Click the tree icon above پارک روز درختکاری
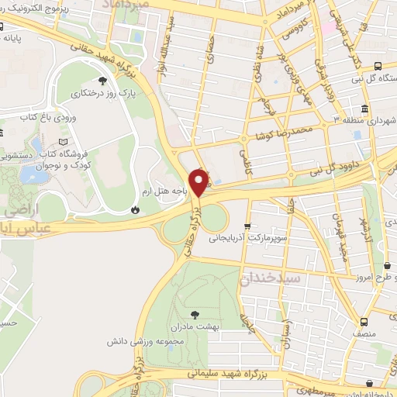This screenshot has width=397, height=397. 102,80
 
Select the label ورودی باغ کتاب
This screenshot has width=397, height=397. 47,117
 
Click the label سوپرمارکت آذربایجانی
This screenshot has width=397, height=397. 243,239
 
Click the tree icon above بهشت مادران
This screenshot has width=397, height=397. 194,314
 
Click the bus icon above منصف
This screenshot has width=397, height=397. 364,322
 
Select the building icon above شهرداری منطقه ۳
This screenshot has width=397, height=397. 365,108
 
